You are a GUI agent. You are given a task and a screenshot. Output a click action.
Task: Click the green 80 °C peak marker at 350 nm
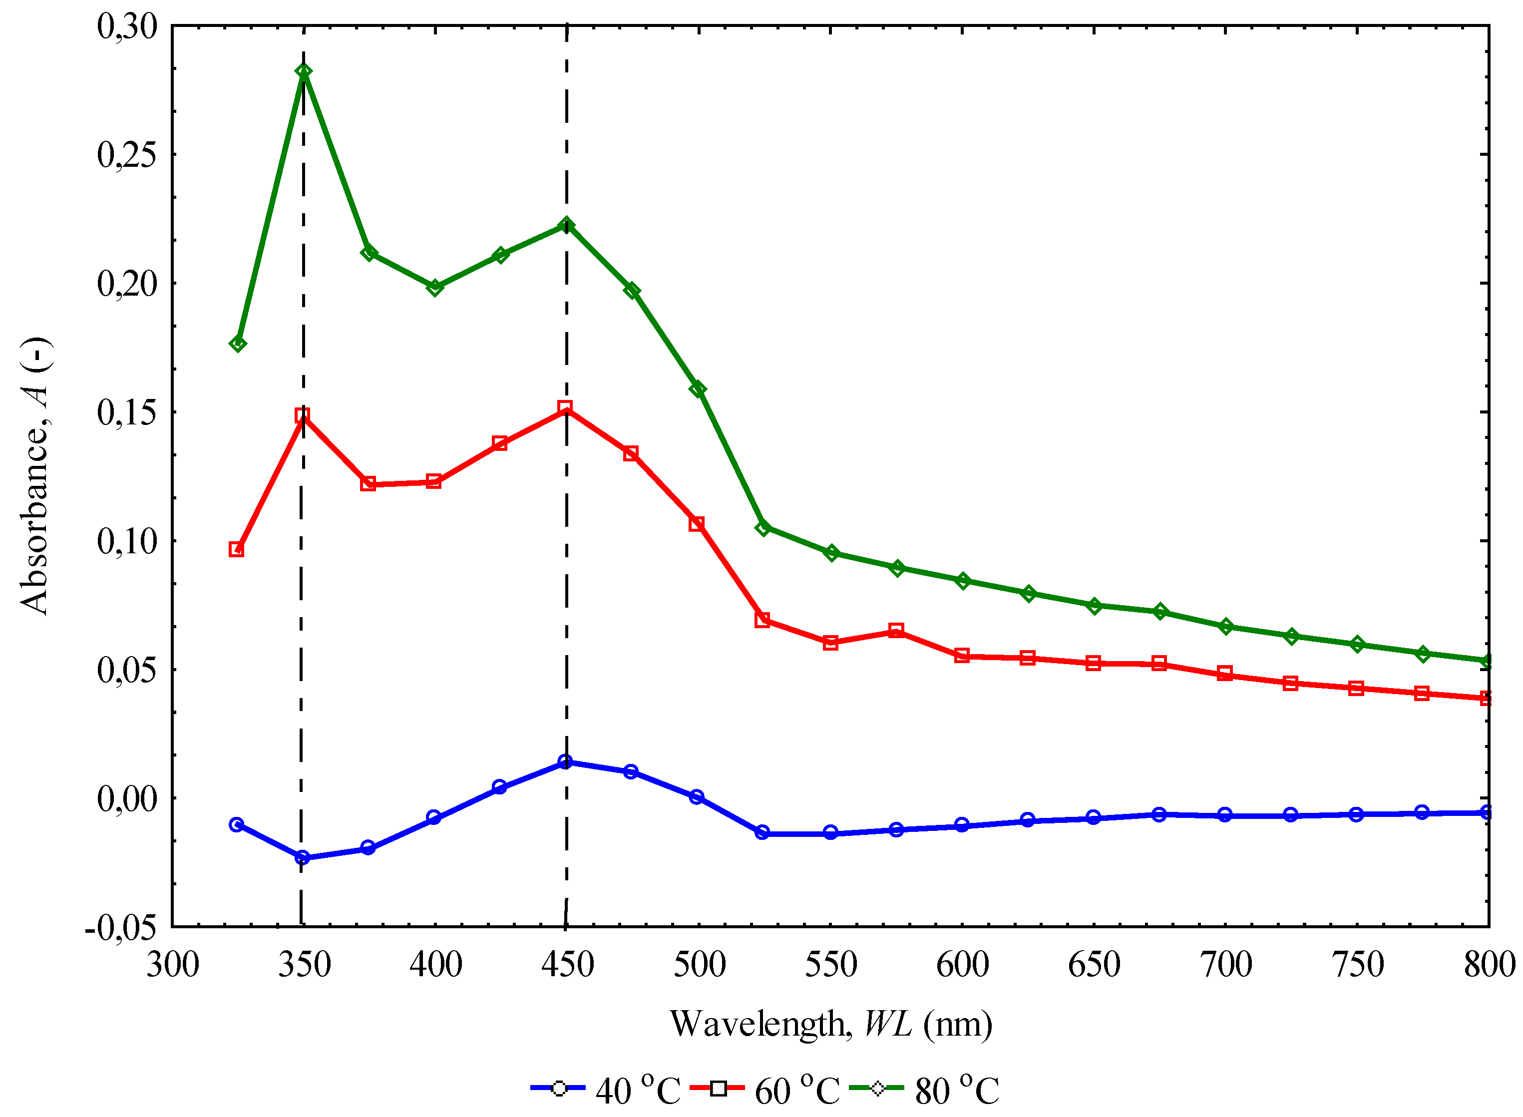(304, 72)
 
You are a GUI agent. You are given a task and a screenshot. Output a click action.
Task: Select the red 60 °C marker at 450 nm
(565, 407)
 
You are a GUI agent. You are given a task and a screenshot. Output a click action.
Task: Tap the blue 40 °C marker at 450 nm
(565, 761)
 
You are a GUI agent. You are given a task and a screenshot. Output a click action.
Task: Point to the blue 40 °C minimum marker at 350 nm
(302, 857)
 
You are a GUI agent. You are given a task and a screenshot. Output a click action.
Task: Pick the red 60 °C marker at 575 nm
(896, 631)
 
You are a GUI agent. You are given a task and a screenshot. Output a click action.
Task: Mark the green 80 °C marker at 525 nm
(763, 527)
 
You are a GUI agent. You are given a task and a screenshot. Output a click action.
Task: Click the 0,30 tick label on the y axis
(127, 27)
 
